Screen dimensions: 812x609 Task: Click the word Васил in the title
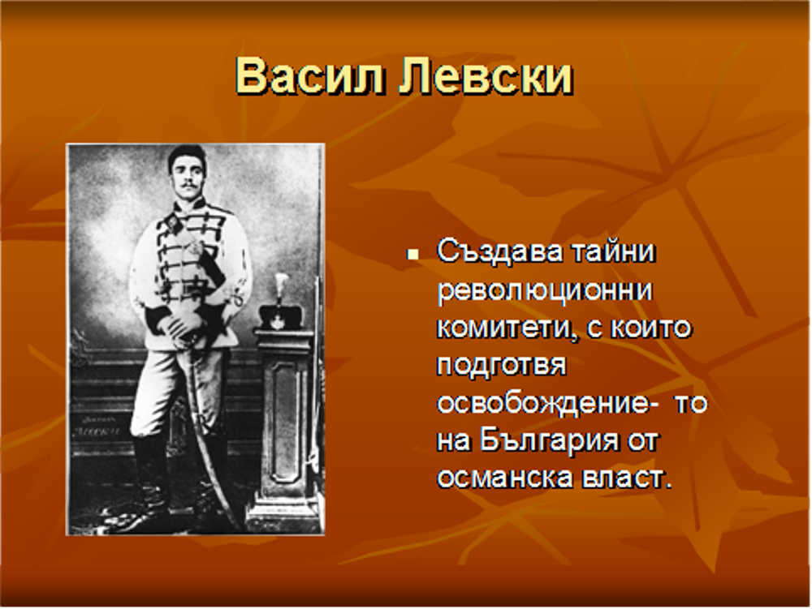(309, 75)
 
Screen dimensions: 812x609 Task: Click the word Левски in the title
(486, 75)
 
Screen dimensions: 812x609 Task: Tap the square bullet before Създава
(412, 254)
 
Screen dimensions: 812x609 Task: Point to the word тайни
(613, 252)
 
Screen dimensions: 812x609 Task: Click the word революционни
(545, 291)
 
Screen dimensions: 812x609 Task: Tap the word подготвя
(501, 366)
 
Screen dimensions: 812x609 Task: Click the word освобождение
(542, 404)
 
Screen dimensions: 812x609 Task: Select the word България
(548, 441)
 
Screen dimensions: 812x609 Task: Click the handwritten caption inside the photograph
(97, 426)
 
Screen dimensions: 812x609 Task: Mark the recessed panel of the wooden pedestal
(285, 422)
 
